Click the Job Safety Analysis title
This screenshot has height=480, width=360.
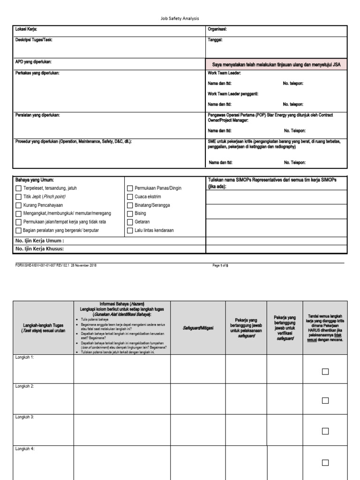click(x=180, y=18)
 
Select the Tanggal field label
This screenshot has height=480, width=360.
click(x=215, y=40)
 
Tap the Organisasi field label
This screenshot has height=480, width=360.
click(x=217, y=30)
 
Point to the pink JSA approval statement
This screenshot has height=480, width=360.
click(x=276, y=65)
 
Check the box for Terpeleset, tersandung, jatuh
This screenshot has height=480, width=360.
click(x=19, y=188)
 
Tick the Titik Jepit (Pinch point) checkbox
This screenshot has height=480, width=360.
click(x=19, y=197)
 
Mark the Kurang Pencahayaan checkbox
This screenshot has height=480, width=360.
click(x=19, y=205)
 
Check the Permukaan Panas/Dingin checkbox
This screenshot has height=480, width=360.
click(x=130, y=188)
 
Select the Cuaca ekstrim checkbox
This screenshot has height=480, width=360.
click(x=130, y=197)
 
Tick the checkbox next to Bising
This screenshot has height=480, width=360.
click(x=130, y=213)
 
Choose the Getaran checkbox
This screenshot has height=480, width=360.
click(x=130, y=222)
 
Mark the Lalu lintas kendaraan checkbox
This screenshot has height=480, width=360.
click(x=130, y=230)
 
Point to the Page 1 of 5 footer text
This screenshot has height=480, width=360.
click(x=220, y=265)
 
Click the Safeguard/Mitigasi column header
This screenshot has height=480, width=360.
click(x=198, y=328)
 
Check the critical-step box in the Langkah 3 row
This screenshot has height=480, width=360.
click(x=325, y=431)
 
